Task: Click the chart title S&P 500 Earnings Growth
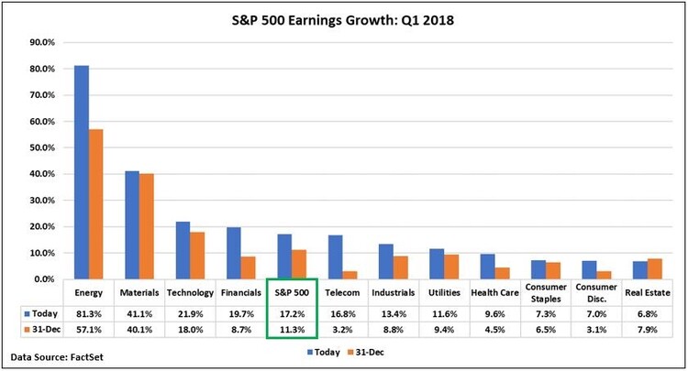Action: click(x=344, y=17)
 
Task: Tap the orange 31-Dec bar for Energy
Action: click(x=95, y=203)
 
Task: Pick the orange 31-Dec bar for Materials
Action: click(x=147, y=226)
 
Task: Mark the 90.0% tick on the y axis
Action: click(x=42, y=42)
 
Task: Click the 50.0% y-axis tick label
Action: click(x=42, y=147)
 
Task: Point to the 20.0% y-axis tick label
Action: click(x=42, y=226)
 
